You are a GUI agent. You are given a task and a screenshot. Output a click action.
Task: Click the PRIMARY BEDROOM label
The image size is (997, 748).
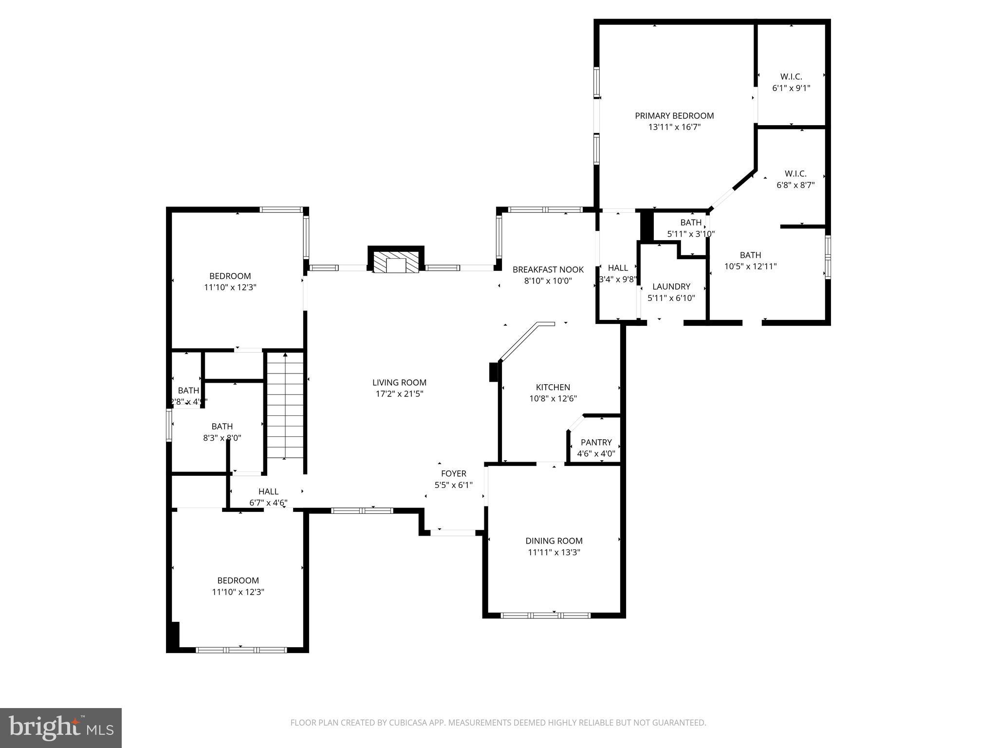tap(674, 115)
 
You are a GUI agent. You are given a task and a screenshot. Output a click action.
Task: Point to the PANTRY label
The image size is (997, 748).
tap(596, 442)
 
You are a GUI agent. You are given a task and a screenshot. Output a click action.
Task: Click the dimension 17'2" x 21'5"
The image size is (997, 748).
tap(399, 394)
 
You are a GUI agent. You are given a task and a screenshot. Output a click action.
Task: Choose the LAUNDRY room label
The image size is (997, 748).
tap(671, 286)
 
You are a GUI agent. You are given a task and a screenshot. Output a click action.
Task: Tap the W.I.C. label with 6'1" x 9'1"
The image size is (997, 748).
tap(791, 76)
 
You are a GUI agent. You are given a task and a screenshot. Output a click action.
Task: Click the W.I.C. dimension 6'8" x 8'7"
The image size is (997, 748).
tap(795, 185)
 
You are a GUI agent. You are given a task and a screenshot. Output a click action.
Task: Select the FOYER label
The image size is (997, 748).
tap(453, 473)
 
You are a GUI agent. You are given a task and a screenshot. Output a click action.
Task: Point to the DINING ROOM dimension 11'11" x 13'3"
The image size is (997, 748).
tap(554, 552)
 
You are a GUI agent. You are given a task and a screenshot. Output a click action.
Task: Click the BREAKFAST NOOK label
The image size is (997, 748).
tap(548, 269)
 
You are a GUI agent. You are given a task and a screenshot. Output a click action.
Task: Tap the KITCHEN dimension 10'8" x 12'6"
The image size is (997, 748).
tap(553, 398)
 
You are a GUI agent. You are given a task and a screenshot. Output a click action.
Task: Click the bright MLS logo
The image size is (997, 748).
tap(61, 728)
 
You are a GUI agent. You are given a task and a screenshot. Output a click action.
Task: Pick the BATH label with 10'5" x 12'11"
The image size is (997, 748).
tap(750, 255)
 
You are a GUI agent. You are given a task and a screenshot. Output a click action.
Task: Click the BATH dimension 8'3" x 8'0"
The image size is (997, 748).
tap(222, 438)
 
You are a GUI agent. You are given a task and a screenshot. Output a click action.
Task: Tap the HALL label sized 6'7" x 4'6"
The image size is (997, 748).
tap(268, 491)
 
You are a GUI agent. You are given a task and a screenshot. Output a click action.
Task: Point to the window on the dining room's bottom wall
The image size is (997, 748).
tap(546, 615)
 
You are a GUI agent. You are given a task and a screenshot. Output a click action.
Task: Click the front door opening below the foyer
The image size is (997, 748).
tap(453, 533)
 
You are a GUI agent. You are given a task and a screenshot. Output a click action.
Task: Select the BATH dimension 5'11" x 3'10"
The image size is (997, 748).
tap(690, 234)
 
